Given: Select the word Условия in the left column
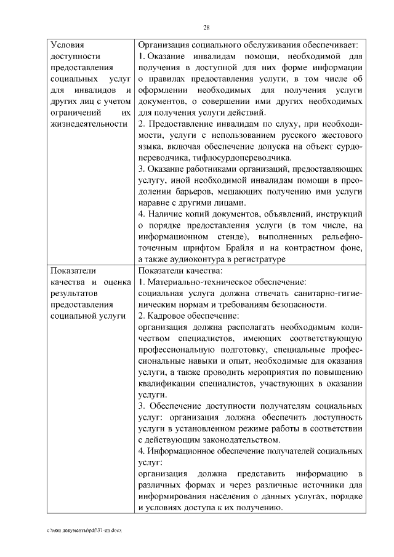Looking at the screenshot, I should click(68, 45).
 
